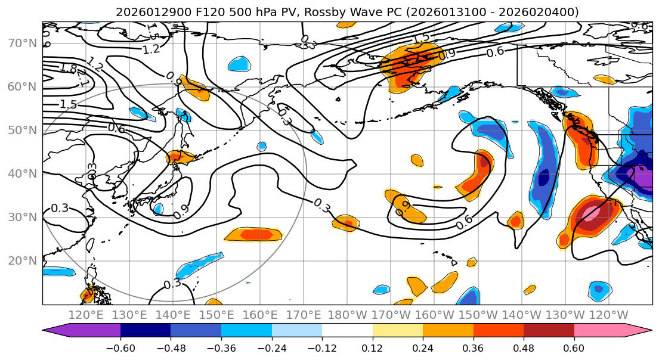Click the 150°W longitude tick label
478,315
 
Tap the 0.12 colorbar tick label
372,347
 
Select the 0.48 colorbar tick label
524,347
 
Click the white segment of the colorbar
347,331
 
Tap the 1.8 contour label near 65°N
68,69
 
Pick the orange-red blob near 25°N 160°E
253,234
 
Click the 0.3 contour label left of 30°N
60,208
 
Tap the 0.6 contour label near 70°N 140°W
494,52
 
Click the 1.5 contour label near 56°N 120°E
68,104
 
